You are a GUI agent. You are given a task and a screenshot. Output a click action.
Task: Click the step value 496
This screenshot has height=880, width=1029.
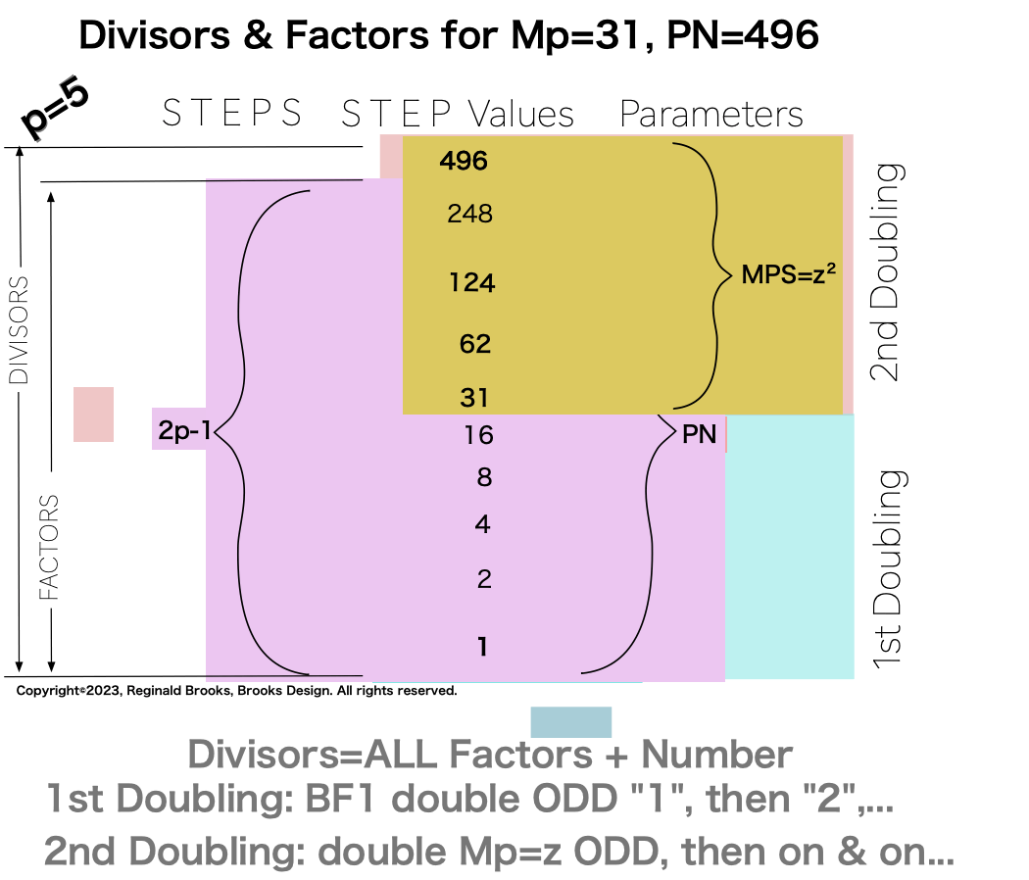point(465,161)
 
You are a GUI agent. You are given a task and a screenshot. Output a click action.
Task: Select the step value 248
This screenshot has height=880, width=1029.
point(469,214)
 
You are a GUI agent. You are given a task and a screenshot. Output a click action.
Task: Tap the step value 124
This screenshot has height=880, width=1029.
point(472,283)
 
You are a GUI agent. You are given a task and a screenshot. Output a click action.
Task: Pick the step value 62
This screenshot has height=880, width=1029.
point(475,344)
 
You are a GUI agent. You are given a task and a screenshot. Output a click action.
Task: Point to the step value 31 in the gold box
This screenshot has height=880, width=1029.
point(475,398)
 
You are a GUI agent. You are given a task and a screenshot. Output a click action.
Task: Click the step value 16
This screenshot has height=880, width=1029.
point(478,435)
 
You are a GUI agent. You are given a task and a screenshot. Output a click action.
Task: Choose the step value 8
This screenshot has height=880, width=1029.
point(481,478)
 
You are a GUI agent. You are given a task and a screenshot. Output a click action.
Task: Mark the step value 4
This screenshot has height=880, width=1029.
point(482,525)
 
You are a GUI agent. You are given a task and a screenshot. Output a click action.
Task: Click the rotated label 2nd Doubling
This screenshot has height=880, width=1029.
point(887,271)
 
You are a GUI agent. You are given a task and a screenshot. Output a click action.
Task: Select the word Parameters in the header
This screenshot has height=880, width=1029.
point(711,115)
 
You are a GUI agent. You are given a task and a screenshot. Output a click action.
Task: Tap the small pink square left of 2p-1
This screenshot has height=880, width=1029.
point(93,414)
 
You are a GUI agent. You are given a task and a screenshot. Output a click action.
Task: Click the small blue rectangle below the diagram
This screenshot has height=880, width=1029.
point(570,722)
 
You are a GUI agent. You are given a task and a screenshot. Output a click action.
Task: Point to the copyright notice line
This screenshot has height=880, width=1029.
point(236,691)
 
